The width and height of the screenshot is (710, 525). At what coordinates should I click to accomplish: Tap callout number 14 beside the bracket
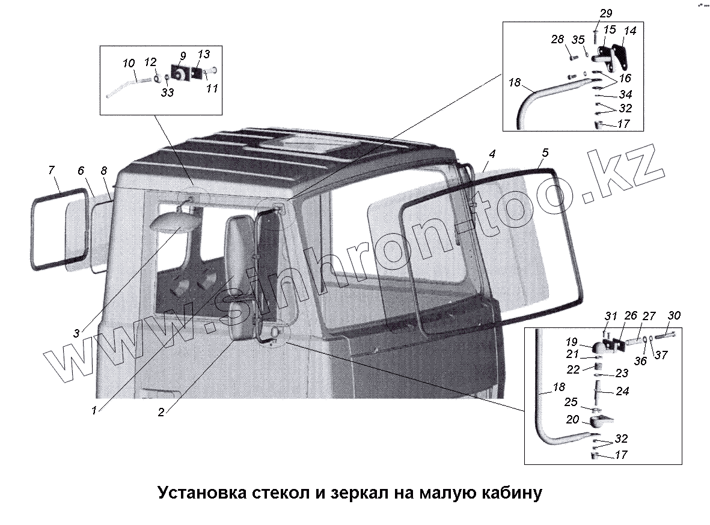tap(629, 31)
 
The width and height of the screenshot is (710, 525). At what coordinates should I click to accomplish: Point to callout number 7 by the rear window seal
tap(52, 171)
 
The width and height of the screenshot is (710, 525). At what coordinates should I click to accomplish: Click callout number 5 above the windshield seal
tap(544, 153)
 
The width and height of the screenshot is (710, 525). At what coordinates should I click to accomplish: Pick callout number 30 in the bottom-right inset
tap(674, 315)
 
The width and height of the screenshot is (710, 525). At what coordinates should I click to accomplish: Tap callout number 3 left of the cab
tap(76, 332)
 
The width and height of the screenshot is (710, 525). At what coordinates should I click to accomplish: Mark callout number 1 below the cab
tap(94, 411)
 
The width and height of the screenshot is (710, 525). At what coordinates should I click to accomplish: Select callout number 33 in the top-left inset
tap(167, 93)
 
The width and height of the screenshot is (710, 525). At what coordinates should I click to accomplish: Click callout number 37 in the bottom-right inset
tap(661, 355)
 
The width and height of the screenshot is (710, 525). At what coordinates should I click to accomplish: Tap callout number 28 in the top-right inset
tap(557, 40)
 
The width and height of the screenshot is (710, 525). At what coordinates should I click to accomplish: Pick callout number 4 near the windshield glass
tap(492, 154)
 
